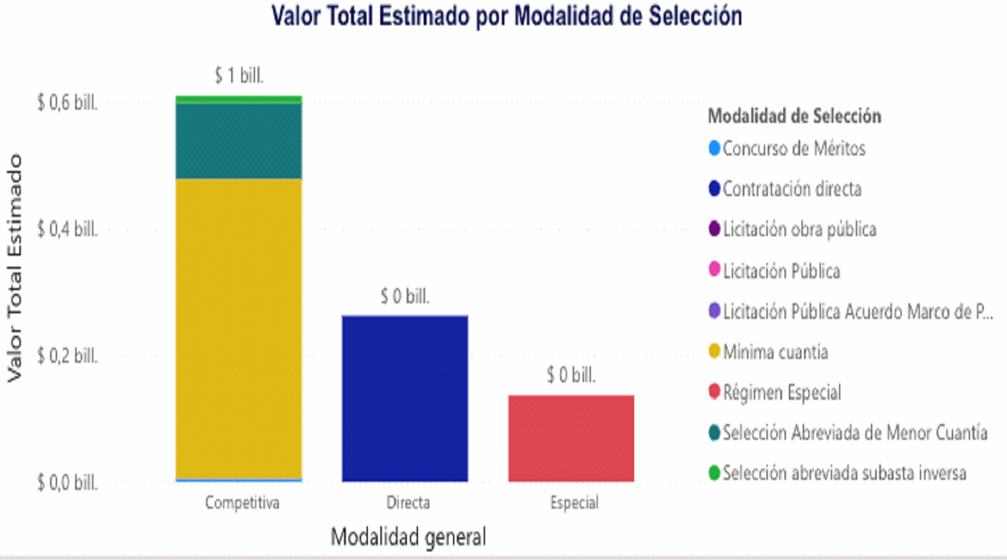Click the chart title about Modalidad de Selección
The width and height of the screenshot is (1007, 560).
(x=506, y=16)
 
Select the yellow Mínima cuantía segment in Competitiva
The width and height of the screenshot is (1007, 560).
(x=239, y=329)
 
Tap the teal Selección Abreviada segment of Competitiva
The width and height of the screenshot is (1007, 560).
(x=239, y=142)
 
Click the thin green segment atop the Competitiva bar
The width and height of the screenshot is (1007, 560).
(x=239, y=100)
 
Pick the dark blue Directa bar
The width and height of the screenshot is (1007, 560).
(x=405, y=398)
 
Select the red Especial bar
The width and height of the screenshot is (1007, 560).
(x=571, y=438)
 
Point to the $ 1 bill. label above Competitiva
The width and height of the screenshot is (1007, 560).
(x=239, y=76)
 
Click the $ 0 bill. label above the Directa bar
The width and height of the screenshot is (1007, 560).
(x=405, y=296)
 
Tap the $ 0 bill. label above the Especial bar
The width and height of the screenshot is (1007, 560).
(x=571, y=375)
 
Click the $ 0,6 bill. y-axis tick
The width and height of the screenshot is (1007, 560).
(x=67, y=102)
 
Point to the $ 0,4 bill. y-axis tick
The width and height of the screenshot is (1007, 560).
(x=67, y=229)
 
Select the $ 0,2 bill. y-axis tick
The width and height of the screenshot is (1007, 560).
(x=67, y=356)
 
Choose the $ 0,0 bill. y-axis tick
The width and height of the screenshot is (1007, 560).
(x=67, y=482)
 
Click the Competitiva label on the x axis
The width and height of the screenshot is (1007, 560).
(x=242, y=502)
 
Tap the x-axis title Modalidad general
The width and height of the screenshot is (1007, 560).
(x=408, y=537)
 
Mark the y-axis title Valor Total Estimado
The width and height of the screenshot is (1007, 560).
(x=14, y=268)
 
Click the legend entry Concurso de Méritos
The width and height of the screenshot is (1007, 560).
(x=793, y=148)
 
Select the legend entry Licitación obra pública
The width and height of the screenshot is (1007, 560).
(x=799, y=229)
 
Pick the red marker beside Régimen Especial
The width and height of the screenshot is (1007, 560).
(x=714, y=392)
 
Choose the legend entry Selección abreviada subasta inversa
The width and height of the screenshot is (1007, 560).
(x=844, y=473)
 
